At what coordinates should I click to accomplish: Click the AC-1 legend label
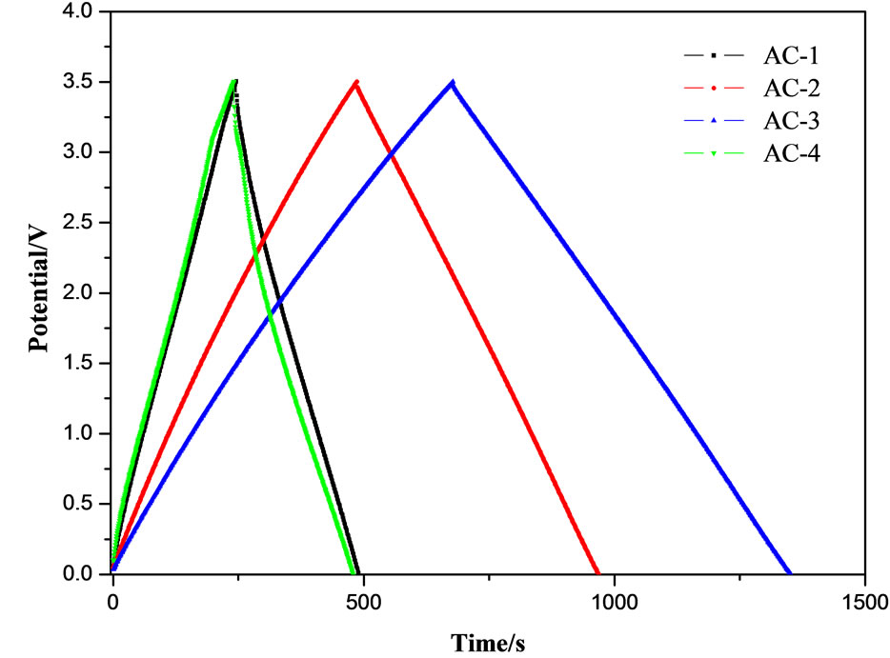[789, 55]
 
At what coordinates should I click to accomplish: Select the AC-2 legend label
[789, 88]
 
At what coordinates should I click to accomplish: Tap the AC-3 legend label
[789, 120]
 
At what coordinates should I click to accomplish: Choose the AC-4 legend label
[789, 152]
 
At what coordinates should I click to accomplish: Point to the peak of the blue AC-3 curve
[453, 82]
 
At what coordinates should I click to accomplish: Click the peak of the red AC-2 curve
[356, 82]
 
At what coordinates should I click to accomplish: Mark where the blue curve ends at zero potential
[790, 573]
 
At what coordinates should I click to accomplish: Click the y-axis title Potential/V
[37, 292]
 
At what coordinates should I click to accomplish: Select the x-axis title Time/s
[488, 640]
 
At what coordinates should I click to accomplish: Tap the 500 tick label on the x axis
[363, 602]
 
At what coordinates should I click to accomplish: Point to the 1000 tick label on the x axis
[614, 602]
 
